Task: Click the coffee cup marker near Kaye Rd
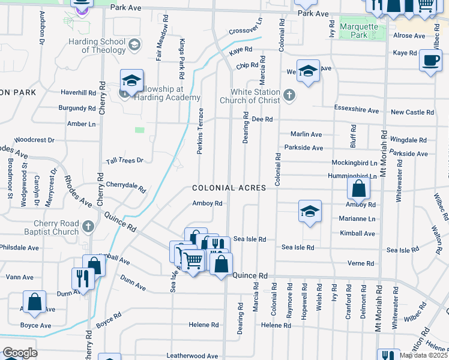[431, 61]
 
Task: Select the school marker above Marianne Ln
[309, 211]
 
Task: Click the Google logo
[20, 353]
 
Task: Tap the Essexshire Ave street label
[357, 110]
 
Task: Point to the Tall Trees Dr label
[125, 160]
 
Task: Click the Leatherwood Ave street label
[192, 356]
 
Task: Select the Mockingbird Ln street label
[355, 163]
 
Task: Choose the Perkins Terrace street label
[200, 131]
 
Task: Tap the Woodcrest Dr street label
[34, 139]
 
